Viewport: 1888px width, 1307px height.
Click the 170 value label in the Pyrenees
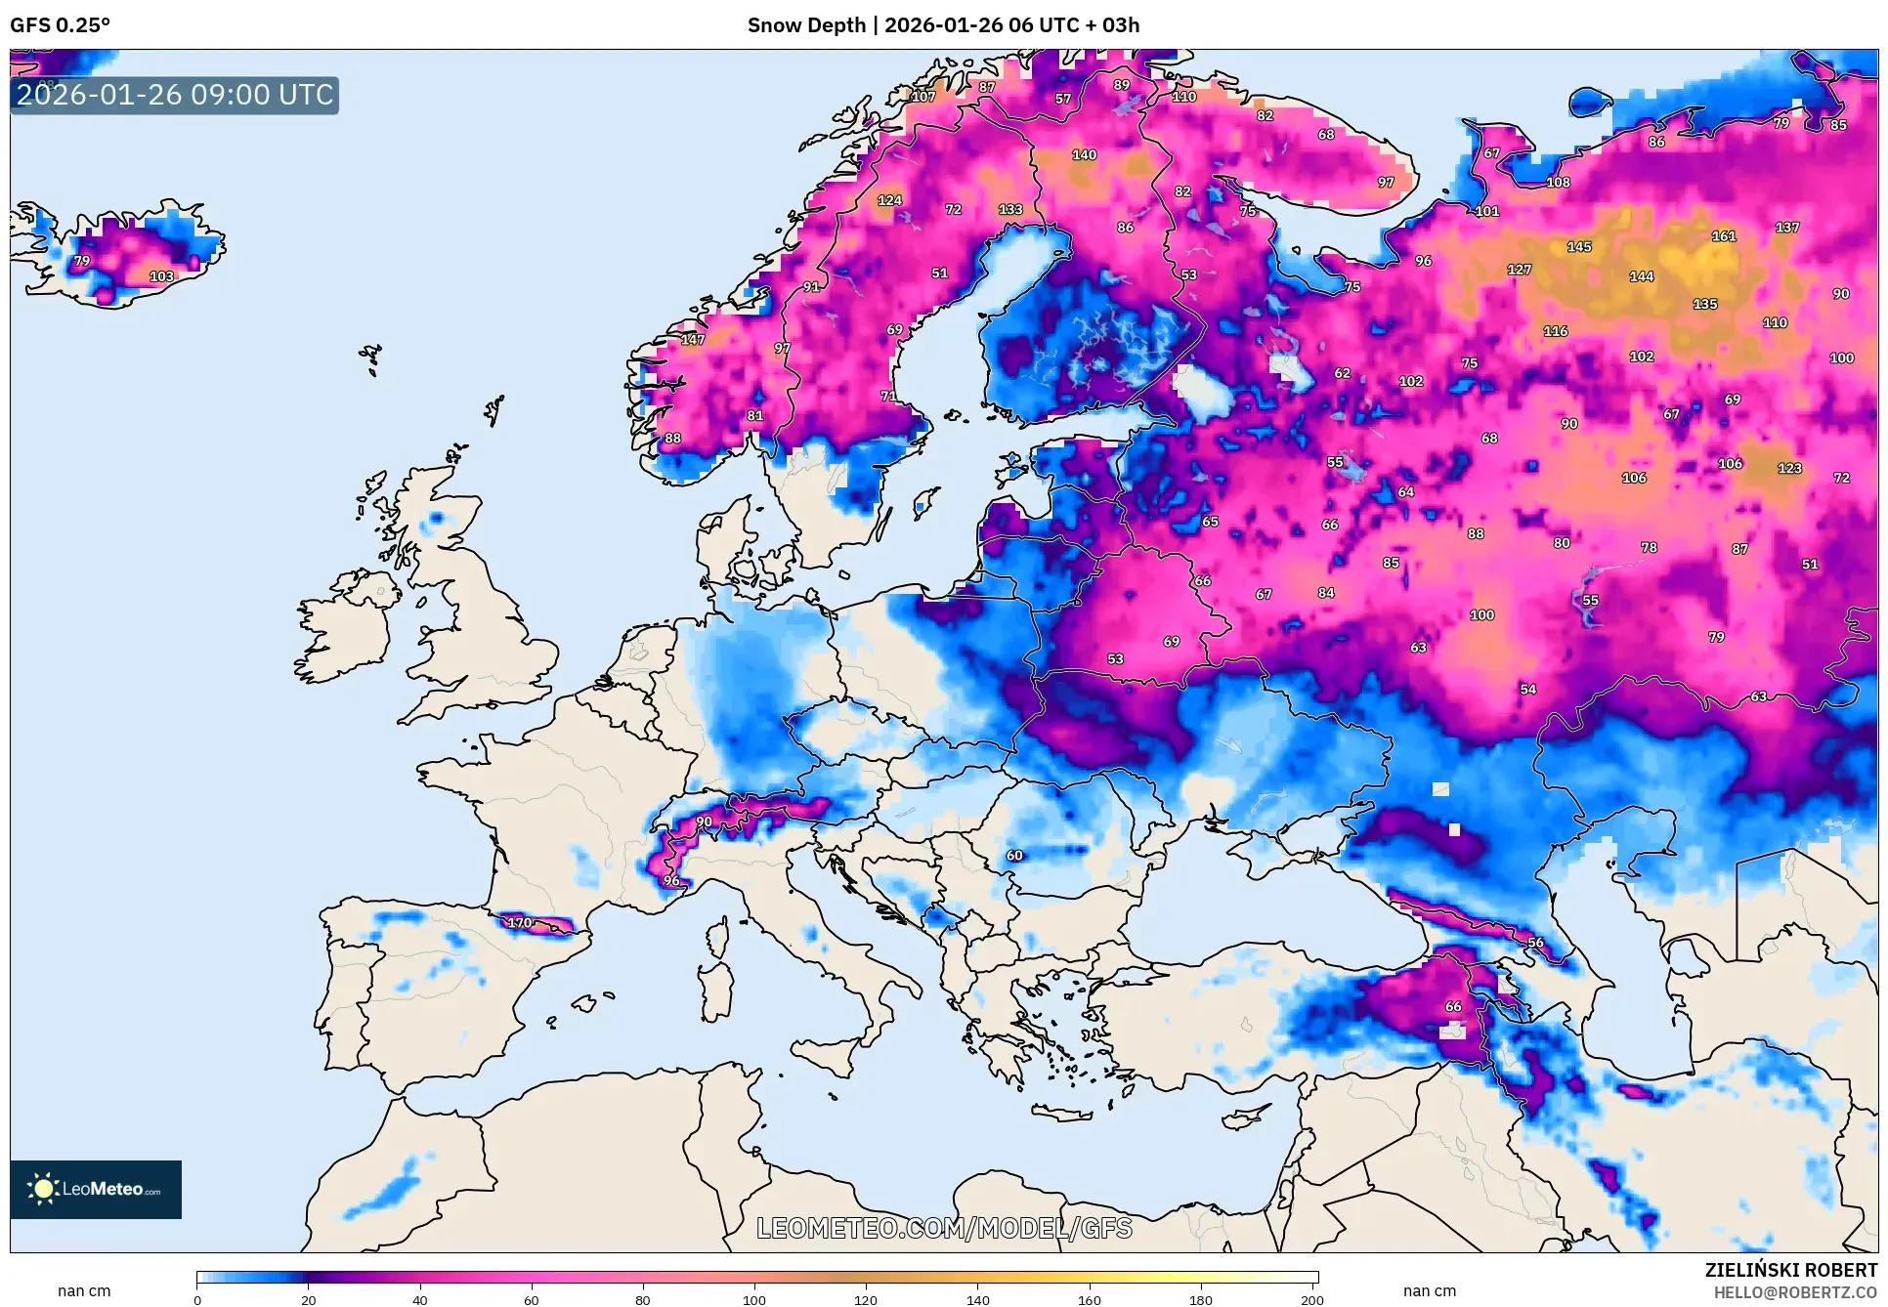pos(519,922)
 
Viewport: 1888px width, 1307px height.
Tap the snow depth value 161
pos(1723,236)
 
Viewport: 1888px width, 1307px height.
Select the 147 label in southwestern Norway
pos(692,340)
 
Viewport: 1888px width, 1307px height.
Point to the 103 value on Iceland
pos(161,276)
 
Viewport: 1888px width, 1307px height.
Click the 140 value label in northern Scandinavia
pos(1084,154)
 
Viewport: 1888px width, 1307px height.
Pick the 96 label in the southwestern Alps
pos(671,881)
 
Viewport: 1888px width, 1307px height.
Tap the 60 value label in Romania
pos(1014,856)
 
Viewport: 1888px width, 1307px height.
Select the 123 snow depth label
pos(1788,468)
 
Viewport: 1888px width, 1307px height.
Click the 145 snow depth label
pos(1578,247)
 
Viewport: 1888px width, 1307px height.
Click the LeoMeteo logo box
pos(96,1189)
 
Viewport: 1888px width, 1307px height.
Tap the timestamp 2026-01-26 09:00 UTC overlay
pos(175,95)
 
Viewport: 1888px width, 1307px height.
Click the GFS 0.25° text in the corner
pos(61,25)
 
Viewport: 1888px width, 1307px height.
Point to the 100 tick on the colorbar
pos(753,1299)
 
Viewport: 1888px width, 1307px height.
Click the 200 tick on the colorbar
pos(1311,1299)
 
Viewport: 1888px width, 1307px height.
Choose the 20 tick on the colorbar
pos(308,1299)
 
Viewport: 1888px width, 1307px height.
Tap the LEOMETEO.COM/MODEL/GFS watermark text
pos(944,1228)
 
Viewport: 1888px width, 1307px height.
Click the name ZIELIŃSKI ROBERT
pos(1790,1270)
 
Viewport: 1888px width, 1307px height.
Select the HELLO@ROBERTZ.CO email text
pos(1794,1292)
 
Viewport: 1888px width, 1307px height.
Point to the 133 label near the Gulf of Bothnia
pos(1009,210)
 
